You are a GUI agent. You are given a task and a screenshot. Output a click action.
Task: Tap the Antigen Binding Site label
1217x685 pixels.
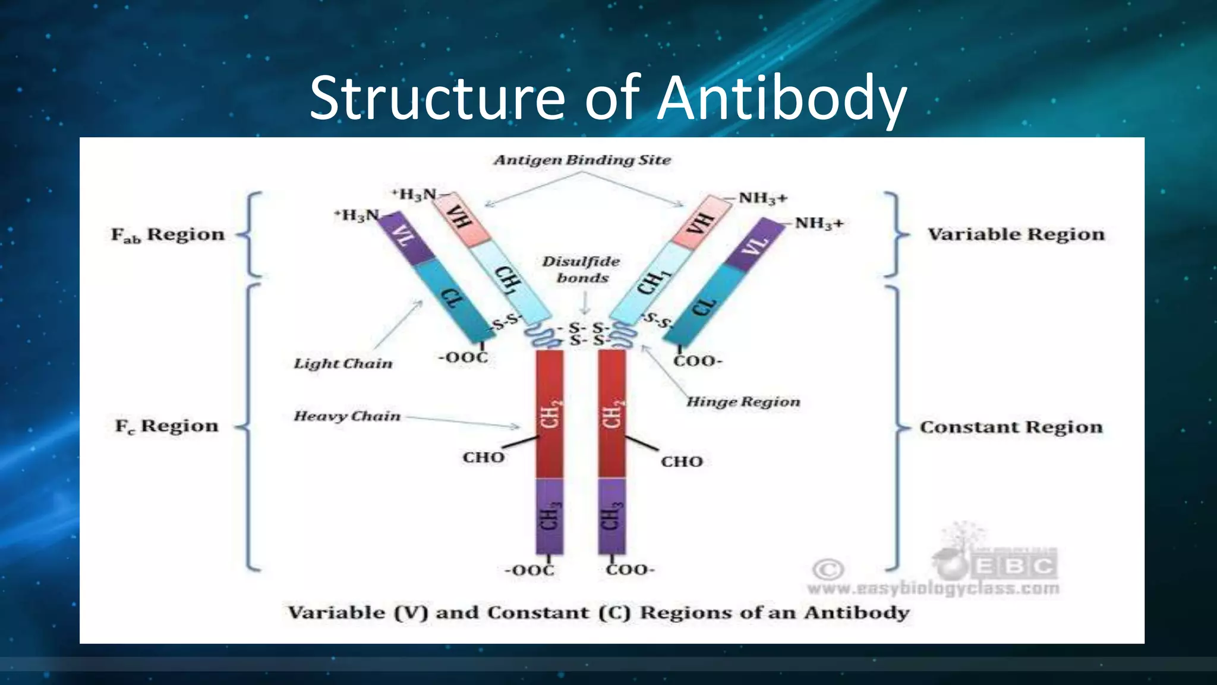pyautogui.click(x=582, y=160)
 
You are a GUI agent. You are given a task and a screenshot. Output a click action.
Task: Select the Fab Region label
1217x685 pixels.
pyautogui.click(x=168, y=235)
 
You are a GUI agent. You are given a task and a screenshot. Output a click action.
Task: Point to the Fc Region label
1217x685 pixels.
pyautogui.click(x=167, y=426)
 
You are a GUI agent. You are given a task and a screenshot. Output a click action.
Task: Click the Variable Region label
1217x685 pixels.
pyautogui.click(x=1016, y=234)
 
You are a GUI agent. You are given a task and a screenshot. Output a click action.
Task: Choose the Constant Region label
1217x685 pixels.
pyautogui.click(x=1011, y=427)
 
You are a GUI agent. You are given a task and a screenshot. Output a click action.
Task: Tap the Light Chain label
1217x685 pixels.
pyautogui.click(x=343, y=363)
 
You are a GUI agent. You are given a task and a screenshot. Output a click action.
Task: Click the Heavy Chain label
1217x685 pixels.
pyautogui.click(x=347, y=416)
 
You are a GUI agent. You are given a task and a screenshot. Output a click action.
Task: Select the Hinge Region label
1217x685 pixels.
pyautogui.click(x=743, y=402)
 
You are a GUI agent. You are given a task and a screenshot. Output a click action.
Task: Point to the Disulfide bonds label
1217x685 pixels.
pyautogui.click(x=581, y=269)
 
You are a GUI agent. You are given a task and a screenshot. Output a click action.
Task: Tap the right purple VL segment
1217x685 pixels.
pyautogui.click(x=756, y=244)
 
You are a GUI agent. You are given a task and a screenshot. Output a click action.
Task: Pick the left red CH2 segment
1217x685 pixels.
pyautogui.click(x=550, y=413)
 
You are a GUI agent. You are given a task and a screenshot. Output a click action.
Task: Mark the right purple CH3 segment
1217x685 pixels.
pyautogui.click(x=611, y=516)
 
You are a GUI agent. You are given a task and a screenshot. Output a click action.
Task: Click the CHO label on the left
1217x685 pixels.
pyautogui.click(x=484, y=457)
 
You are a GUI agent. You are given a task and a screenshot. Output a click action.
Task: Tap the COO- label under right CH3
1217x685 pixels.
pyautogui.click(x=630, y=570)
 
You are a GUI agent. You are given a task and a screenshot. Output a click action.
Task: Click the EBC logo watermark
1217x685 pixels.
pyautogui.click(x=1014, y=564)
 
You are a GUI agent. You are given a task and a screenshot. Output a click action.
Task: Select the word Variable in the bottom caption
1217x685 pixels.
pyautogui.click(x=336, y=612)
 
